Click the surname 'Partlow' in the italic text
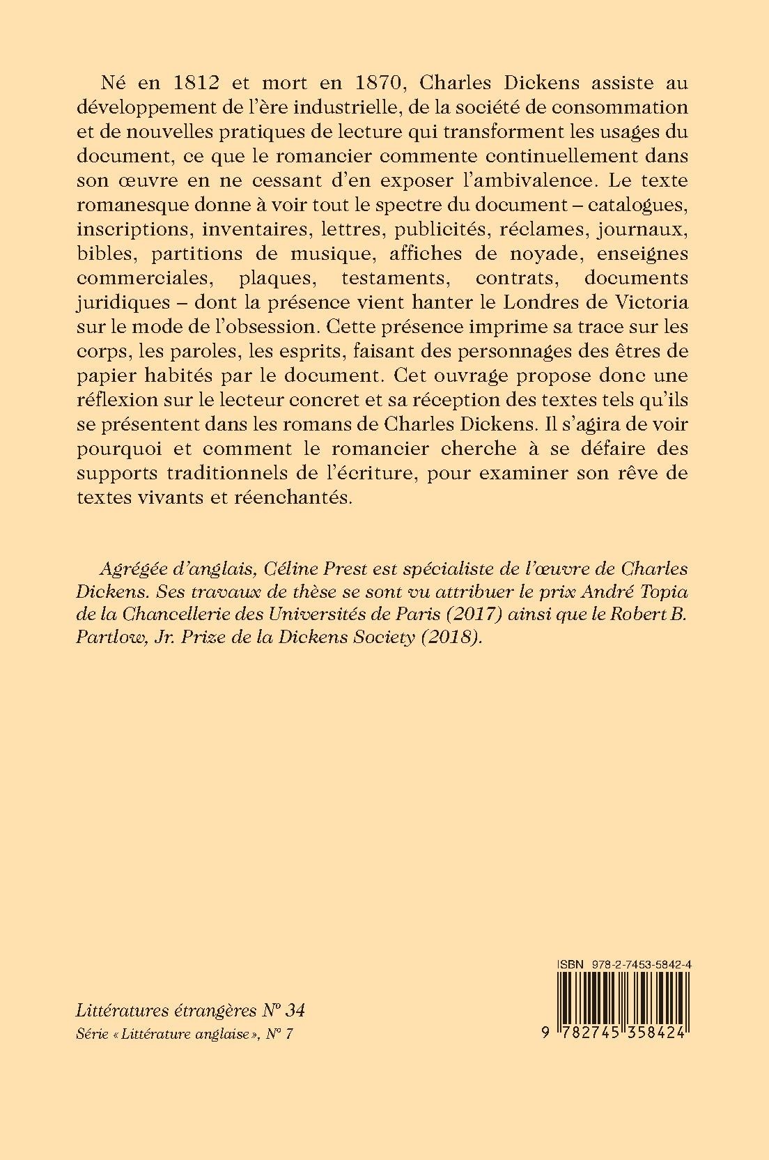[x=106, y=638]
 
